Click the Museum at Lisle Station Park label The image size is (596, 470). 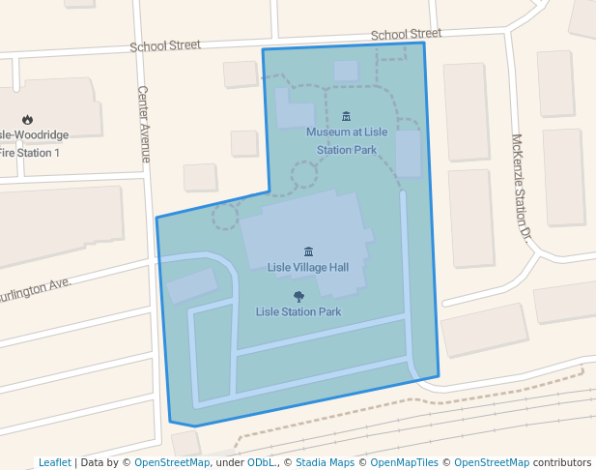[347, 140]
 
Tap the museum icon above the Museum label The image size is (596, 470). [347, 116]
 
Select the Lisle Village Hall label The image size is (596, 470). [307, 267]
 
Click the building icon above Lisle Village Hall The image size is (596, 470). [308, 251]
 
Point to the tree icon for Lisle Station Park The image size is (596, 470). [298, 297]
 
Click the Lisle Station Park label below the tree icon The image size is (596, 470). [298, 312]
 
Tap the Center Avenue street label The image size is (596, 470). [144, 124]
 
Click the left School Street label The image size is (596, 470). [165, 44]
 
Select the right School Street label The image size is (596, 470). [406, 34]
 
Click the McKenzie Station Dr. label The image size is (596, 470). [522, 186]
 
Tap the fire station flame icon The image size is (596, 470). [27, 120]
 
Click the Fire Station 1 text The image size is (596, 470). [29, 153]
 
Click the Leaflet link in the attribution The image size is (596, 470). [54, 462]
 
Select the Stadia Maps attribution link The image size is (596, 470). [325, 462]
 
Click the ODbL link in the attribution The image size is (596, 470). [261, 462]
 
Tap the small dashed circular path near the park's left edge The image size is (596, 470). [225, 217]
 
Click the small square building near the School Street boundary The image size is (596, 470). [346, 71]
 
